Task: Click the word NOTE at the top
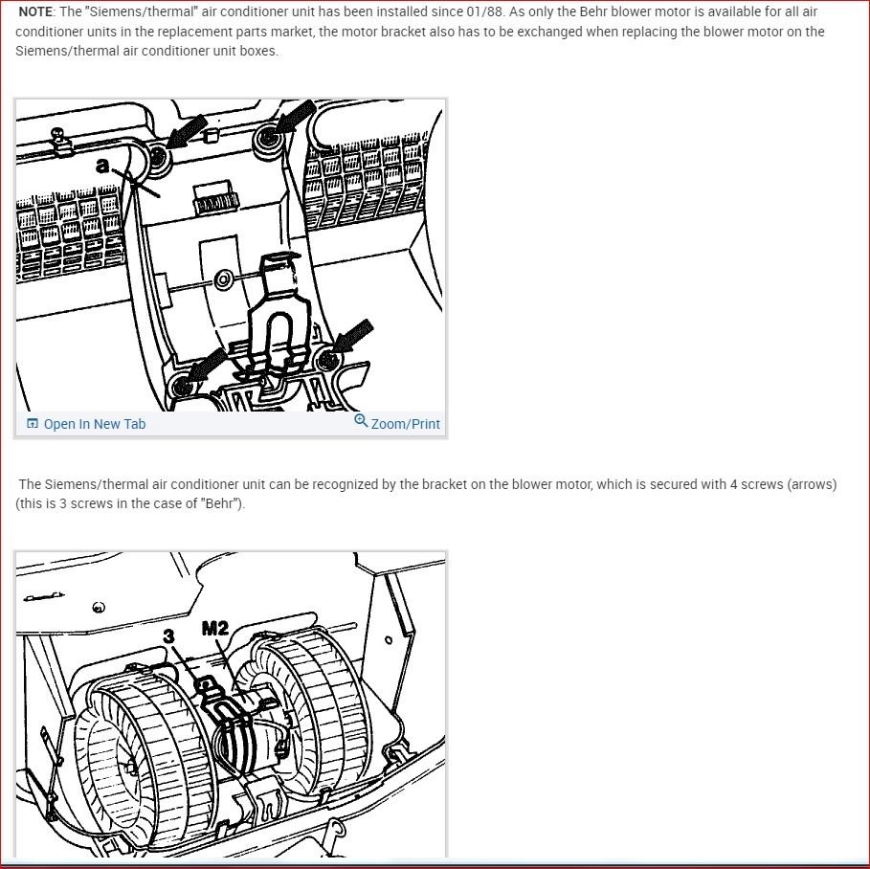click(x=36, y=12)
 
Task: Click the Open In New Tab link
click(x=94, y=424)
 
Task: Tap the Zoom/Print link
click(x=405, y=424)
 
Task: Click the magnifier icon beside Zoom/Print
click(x=361, y=421)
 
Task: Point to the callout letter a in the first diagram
click(x=102, y=165)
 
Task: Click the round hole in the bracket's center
click(x=223, y=279)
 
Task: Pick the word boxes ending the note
click(x=258, y=51)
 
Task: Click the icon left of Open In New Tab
click(x=33, y=424)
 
